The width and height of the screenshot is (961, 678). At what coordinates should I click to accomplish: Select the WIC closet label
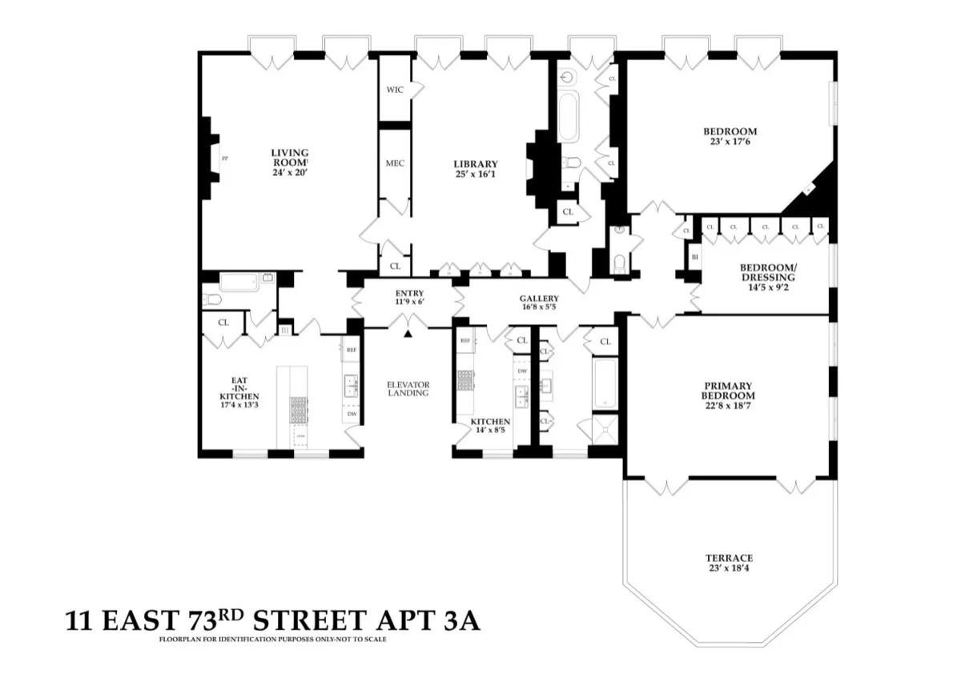(x=394, y=90)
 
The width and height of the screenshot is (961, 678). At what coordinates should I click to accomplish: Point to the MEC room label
(x=394, y=163)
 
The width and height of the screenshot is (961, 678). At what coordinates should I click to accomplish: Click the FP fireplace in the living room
(x=224, y=158)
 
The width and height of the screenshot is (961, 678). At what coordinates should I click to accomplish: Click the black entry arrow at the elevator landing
(x=408, y=334)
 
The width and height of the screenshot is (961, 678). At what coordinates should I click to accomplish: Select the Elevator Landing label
(x=408, y=388)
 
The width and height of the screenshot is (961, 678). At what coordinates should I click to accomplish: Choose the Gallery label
(x=539, y=299)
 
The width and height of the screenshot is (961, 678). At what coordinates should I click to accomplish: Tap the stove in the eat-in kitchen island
(x=298, y=410)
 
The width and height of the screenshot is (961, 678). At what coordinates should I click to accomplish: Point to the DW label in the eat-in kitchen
(x=352, y=415)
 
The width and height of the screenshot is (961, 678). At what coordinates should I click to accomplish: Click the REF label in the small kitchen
(x=465, y=340)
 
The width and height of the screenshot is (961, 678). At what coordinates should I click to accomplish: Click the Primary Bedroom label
(x=728, y=391)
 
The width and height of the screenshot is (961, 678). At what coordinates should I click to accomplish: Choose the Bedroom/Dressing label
(x=767, y=272)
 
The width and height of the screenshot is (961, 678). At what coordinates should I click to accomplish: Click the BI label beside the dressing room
(x=694, y=257)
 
